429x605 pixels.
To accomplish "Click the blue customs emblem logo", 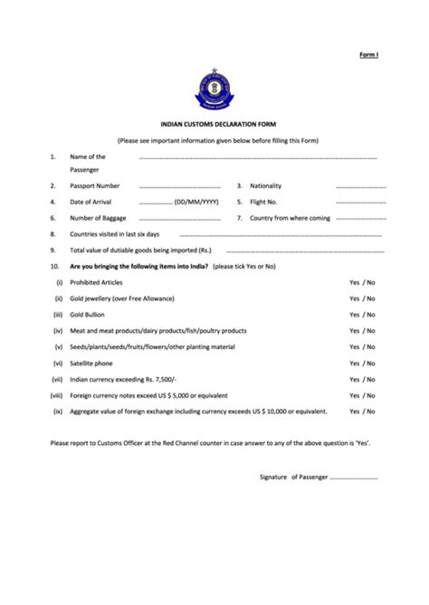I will pos(214,90).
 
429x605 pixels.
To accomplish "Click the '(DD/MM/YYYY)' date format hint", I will pos(196,203).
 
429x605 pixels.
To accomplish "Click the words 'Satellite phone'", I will pos(92,363).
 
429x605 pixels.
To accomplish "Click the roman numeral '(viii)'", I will pos(57,395).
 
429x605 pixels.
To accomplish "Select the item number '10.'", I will pos(55,267).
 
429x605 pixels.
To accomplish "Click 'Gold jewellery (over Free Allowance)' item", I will pos(125,298).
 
